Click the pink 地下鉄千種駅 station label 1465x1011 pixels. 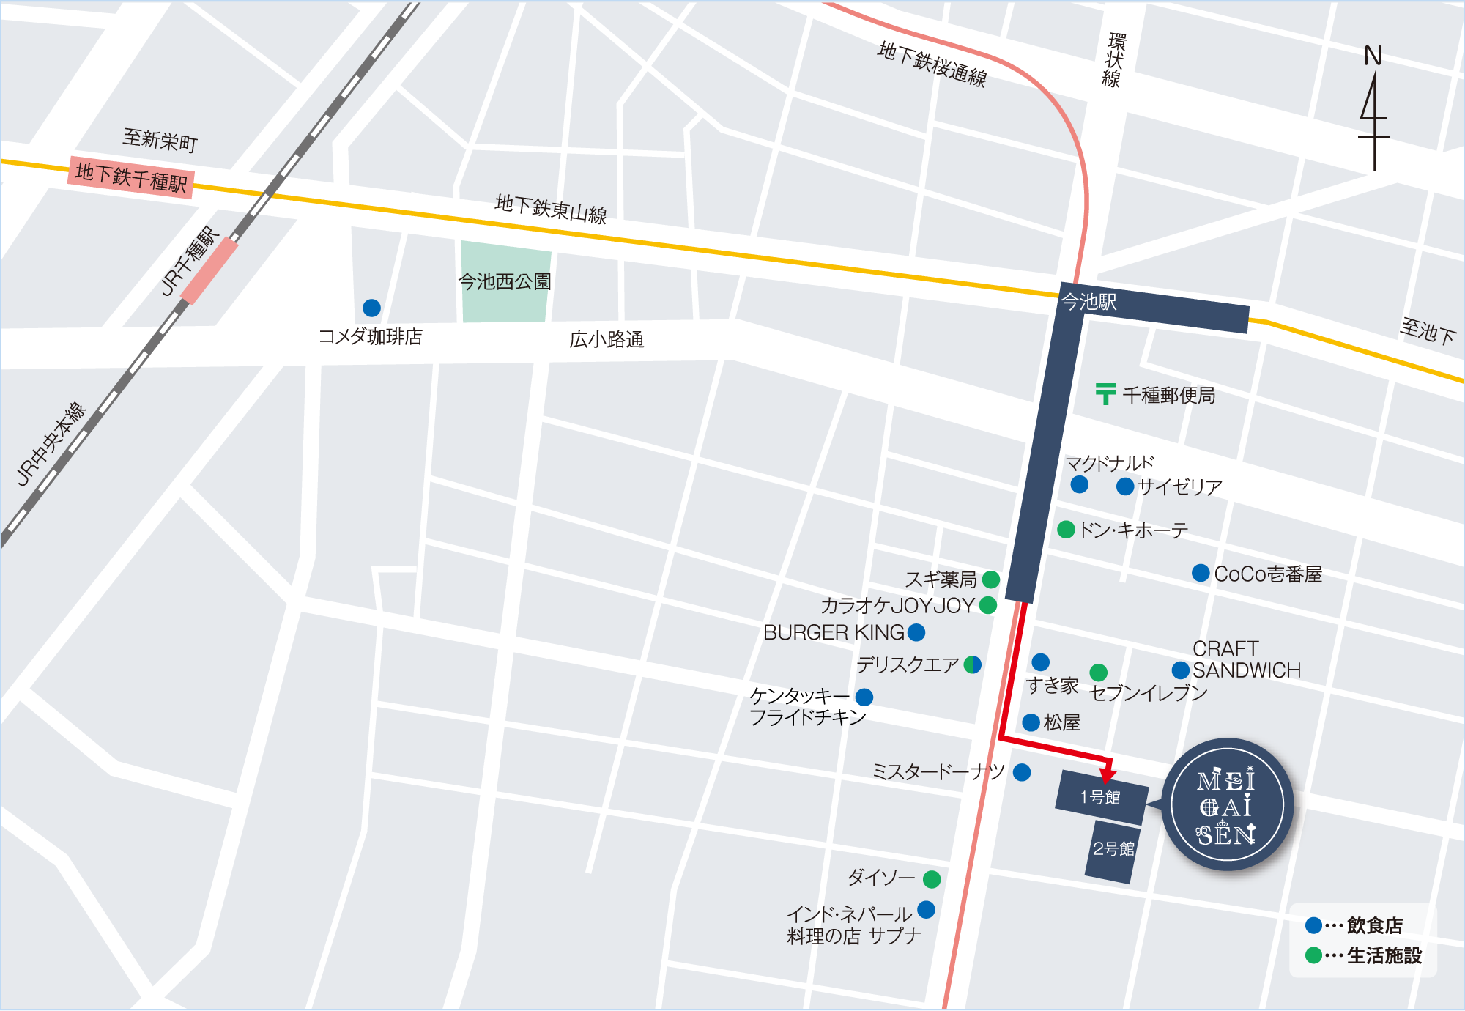click(131, 177)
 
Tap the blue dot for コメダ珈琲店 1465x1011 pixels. click(371, 308)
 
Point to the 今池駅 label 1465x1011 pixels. click(1089, 302)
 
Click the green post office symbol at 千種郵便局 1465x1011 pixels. click(1105, 394)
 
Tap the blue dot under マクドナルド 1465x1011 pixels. click(1079, 484)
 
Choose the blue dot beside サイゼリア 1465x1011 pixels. click(1125, 486)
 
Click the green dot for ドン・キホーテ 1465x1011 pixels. click(1067, 530)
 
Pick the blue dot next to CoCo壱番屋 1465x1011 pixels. click(1201, 573)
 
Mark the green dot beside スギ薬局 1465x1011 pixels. click(991, 579)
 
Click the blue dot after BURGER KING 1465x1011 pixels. click(916, 632)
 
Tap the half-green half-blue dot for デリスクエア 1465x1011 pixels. click(973, 664)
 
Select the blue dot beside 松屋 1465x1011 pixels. click(1031, 722)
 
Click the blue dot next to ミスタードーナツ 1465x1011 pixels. click(1022, 771)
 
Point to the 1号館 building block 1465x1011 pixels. click(1100, 797)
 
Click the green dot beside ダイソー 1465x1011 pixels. click(932, 878)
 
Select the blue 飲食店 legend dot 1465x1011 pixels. click(1313, 925)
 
